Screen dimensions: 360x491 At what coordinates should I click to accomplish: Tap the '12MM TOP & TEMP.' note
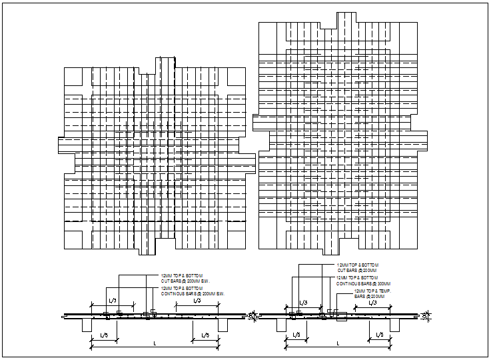point(372,291)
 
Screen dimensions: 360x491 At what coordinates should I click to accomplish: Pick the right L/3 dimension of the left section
point(197,301)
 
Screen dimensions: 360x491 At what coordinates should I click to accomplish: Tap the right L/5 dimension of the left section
point(205,335)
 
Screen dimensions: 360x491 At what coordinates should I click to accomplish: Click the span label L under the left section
point(155,343)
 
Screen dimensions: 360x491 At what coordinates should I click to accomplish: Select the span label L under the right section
point(338,343)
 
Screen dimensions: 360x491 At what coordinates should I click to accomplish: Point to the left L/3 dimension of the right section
point(303,303)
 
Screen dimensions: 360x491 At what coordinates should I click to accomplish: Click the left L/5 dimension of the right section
point(294,335)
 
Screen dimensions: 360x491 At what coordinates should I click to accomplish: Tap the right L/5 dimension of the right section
point(380,335)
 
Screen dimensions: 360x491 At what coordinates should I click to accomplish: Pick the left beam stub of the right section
point(281,325)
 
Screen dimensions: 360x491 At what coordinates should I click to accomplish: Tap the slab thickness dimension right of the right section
point(426,315)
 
